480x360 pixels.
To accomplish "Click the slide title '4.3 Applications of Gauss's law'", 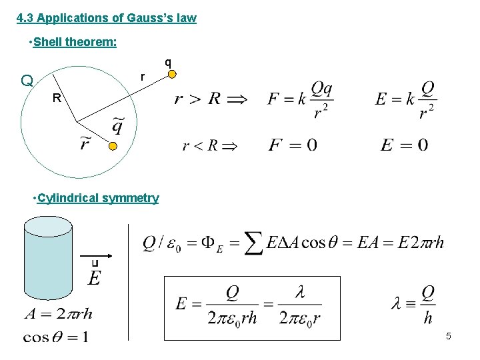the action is point(107,18).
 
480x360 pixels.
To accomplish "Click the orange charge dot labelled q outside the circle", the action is point(172,74).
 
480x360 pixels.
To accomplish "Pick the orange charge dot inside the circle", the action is point(113,146).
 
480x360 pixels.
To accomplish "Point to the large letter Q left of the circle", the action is point(27,81).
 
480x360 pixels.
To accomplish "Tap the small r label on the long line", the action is point(142,77).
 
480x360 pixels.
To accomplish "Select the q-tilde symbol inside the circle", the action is point(117,124).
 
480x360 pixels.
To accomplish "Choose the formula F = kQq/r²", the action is point(301,99).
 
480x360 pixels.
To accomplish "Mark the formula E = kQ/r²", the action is point(405,99).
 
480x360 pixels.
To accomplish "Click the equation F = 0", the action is point(292,145).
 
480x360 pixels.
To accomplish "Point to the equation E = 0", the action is point(404,145).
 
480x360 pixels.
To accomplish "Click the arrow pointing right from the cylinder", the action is point(97,257).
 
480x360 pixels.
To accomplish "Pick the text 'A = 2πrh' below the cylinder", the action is point(59,313).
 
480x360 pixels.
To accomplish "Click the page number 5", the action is point(449,336).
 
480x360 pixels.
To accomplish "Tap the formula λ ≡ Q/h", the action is point(413,304).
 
